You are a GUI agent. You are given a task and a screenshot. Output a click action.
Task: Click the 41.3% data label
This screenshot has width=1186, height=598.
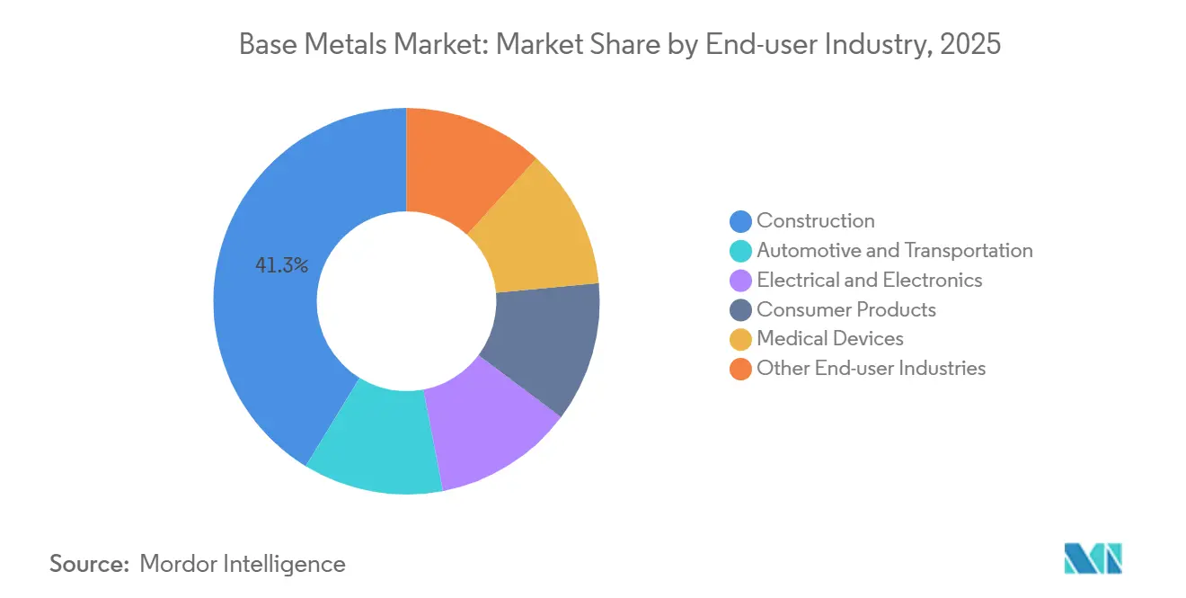[x=282, y=265]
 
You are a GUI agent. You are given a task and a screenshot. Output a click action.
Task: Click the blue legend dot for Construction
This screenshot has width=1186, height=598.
[x=740, y=221]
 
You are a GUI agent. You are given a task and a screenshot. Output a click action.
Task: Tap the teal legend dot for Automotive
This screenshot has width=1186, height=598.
[x=740, y=251]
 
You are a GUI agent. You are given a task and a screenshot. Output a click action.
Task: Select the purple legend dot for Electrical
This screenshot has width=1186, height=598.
[x=740, y=281]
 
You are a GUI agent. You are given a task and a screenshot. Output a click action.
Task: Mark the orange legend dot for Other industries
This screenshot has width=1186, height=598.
[x=740, y=369]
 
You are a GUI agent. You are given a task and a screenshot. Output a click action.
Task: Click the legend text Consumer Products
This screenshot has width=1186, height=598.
[x=845, y=310]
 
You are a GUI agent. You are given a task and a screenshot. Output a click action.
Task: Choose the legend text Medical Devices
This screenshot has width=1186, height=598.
[x=829, y=339]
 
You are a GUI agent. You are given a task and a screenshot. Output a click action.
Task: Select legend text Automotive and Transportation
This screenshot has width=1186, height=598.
[x=894, y=251]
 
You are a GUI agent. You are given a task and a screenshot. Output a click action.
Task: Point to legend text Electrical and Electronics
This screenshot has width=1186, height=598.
[x=869, y=281]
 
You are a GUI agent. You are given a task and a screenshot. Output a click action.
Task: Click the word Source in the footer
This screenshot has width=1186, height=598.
[x=90, y=564]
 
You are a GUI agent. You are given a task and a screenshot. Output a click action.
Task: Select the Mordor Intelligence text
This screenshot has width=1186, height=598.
[x=243, y=564]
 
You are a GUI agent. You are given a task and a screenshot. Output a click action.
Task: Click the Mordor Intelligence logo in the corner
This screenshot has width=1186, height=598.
[x=1093, y=558]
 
